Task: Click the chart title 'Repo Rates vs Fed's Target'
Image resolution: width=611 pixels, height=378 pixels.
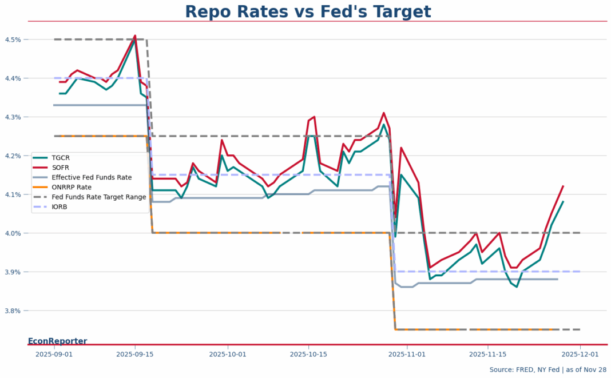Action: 308,12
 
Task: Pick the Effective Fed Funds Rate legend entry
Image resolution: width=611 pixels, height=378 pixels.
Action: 92,177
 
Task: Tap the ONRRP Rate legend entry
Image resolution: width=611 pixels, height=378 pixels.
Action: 71,187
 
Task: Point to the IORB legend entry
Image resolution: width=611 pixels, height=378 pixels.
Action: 59,206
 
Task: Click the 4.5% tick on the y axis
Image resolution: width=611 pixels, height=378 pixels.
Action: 13,39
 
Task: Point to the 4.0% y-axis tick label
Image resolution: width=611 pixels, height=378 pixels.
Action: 13,233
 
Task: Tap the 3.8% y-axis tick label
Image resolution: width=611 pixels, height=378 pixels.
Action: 13,311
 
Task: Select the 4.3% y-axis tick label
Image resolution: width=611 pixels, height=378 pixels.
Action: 13,117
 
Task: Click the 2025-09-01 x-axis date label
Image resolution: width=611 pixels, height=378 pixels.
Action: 54,355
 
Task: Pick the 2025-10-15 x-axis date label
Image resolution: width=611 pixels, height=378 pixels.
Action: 308,355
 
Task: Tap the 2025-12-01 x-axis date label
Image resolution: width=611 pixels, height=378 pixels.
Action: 580,355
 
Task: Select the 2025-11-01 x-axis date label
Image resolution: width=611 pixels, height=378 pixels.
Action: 407,355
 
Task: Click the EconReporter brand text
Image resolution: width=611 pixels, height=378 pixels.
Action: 57,341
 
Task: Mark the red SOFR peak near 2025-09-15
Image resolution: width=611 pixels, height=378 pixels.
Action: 135,35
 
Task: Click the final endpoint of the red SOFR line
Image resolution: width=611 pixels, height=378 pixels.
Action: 563,186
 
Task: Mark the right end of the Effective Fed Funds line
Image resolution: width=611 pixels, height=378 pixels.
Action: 557,279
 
